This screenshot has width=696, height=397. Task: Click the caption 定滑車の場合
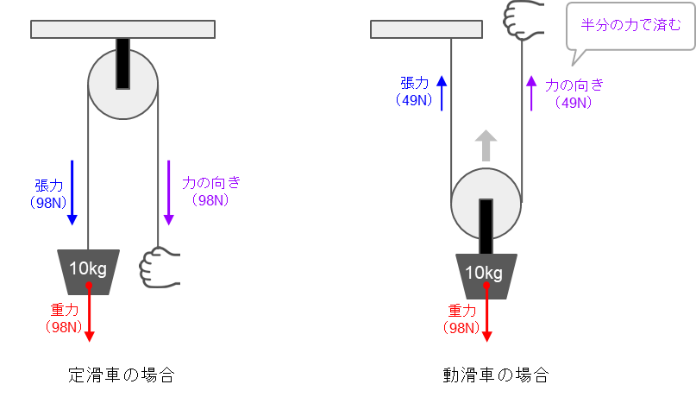[x=122, y=375]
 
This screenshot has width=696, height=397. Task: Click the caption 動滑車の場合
[x=496, y=375]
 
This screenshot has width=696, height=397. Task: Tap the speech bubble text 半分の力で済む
[x=630, y=25]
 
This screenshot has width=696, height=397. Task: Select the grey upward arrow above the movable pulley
[x=486, y=145]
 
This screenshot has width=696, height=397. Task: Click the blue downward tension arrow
[x=72, y=192]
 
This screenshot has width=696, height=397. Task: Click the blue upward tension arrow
[x=442, y=93]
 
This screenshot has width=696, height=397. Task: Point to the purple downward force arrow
[x=169, y=192]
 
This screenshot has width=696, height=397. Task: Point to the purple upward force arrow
[x=531, y=93]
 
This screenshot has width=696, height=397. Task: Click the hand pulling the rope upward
[x=524, y=20]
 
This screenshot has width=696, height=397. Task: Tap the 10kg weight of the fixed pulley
[x=88, y=272]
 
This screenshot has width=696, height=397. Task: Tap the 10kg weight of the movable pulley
[x=486, y=276]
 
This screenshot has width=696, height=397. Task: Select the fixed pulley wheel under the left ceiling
[x=123, y=84]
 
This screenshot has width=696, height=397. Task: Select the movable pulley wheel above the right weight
[x=486, y=204]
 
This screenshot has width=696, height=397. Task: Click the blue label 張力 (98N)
[x=48, y=193]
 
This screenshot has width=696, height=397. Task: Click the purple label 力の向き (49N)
[x=574, y=93]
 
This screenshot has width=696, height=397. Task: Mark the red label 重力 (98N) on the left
[x=64, y=318]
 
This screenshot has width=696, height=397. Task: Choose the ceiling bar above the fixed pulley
[x=123, y=29]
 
